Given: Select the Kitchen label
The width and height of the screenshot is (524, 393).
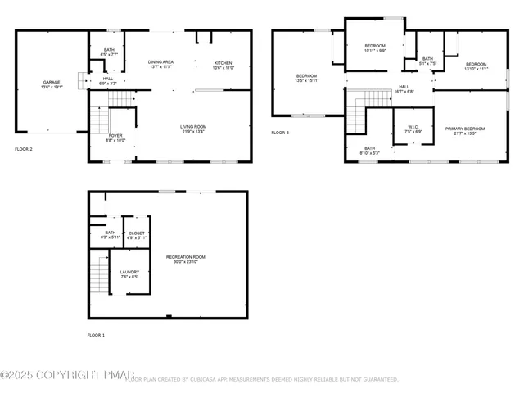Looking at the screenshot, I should [x=224, y=64].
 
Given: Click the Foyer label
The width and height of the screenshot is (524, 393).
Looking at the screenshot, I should [x=115, y=138].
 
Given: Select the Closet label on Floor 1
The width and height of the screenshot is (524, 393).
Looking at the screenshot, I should [x=137, y=235].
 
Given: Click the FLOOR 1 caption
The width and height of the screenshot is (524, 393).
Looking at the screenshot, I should [x=97, y=335].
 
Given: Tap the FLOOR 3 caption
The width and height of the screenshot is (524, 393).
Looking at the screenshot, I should [x=281, y=133].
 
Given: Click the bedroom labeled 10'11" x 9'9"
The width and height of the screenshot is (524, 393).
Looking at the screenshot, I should [x=374, y=47].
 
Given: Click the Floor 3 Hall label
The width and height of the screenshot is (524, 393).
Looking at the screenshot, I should [x=404, y=88].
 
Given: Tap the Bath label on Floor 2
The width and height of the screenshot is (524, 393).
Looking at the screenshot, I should [x=109, y=52].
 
